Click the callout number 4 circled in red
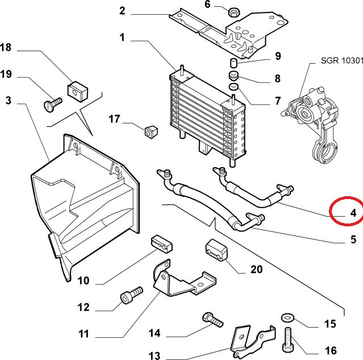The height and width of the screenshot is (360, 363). point(353,213)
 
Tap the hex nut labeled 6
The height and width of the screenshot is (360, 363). point(234,12)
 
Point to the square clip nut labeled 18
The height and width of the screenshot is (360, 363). point(78,91)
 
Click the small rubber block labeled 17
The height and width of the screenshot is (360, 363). point(151,132)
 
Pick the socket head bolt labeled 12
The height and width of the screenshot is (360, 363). point(132,295)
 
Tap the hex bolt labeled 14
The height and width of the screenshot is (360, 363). point(212,320)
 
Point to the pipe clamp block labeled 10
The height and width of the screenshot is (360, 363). point(162,244)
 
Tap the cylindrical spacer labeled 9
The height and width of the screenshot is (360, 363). point(233,63)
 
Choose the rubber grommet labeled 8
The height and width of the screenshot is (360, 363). point(233,76)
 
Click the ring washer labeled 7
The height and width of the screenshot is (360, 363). point(234,86)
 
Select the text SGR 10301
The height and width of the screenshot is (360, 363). point(342,60)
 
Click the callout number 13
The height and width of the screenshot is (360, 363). point(154,355)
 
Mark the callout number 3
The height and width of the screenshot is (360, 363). point(9,100)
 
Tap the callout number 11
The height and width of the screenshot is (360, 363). point(84,334)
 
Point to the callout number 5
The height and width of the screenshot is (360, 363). point(353,239)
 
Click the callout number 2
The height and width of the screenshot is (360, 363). point(122,11)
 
